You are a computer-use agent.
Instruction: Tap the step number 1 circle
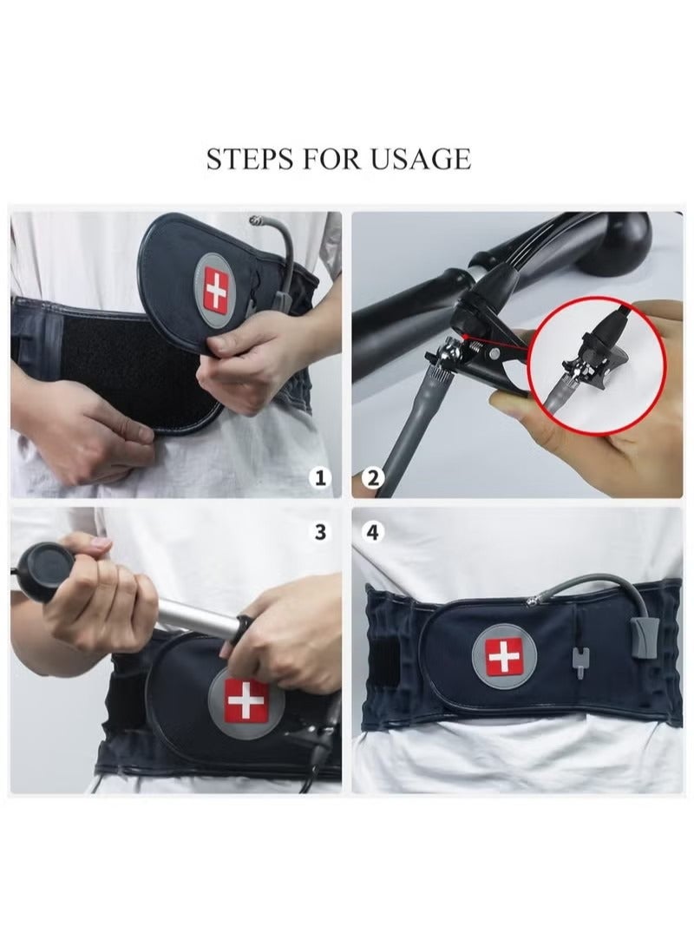(322, 476)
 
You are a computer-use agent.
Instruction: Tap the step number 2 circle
(373, 476)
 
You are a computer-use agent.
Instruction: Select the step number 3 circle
(322, 532)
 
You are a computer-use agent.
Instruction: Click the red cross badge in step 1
(214, 292)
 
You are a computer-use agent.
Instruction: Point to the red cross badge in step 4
(501, 658)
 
